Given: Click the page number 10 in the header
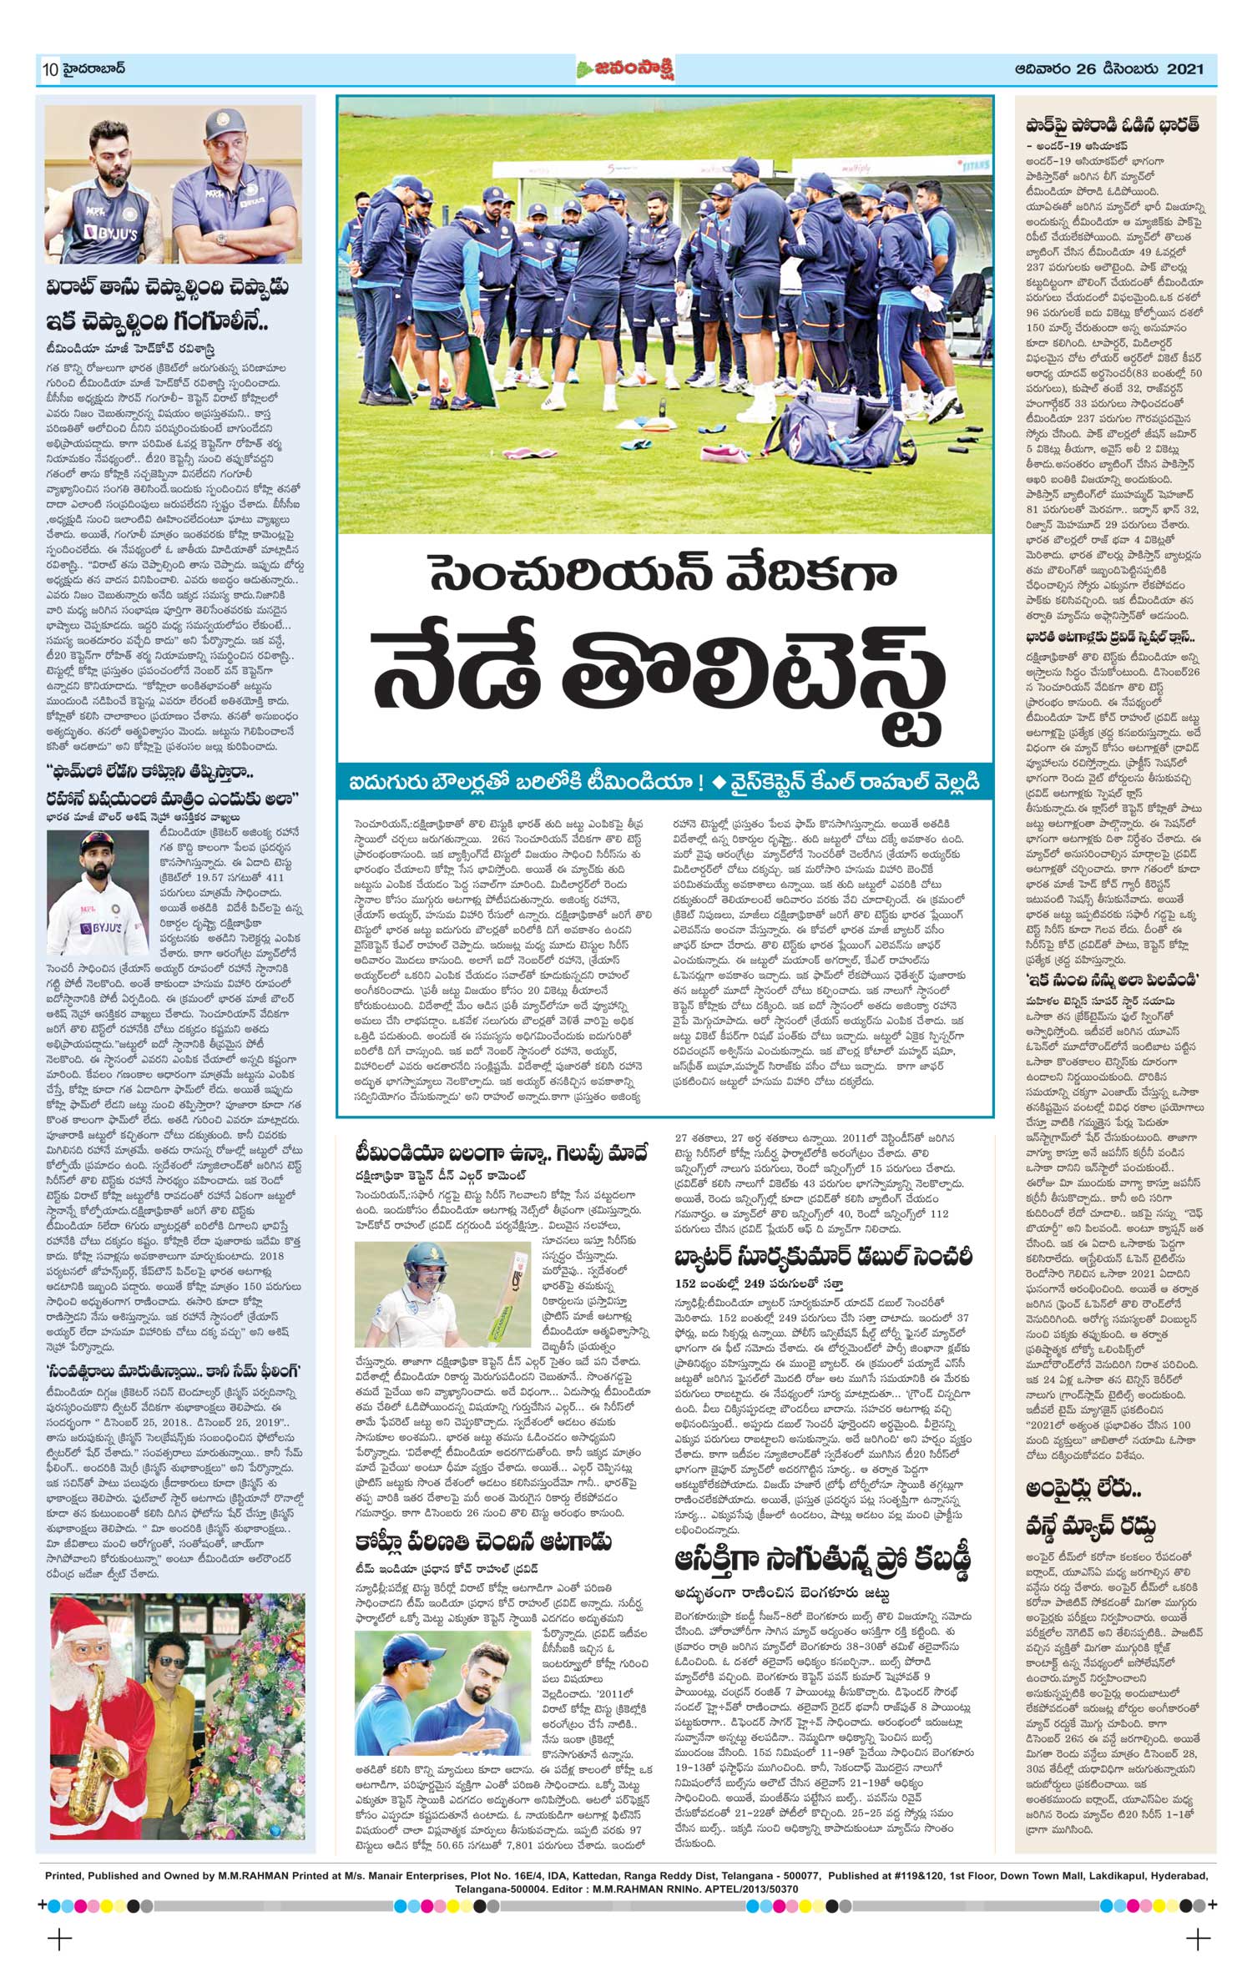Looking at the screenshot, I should pyautogui.click(x=48, y=70).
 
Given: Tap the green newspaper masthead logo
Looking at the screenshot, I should pyautogui.click(x=625, y=70).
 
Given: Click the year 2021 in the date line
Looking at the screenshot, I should pyautogui.click(x=1185, y=69).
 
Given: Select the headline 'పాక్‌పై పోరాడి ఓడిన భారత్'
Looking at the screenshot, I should pyautogui.click(x=1113, y=126).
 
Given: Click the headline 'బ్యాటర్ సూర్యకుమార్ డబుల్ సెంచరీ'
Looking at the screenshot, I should pyautogui.click(x=822, y=1257).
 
